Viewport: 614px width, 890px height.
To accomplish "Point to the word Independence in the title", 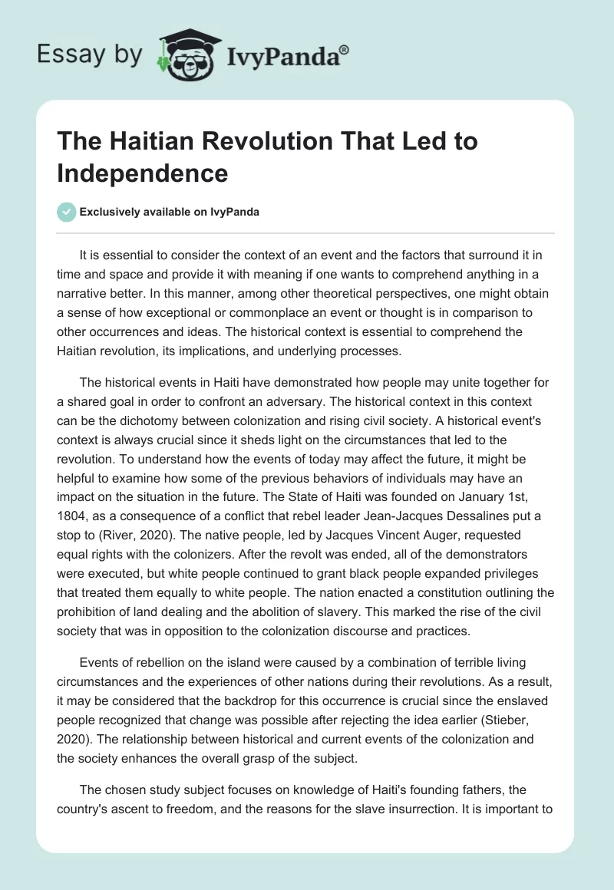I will click(x=142, y=173).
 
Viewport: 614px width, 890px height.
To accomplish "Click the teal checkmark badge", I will click(x=67, y=213).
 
